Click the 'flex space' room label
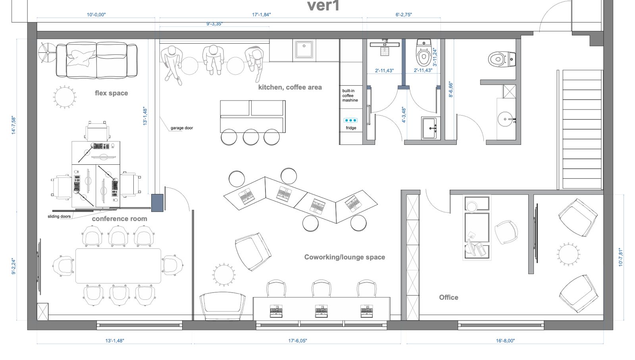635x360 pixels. [x=111, y=93]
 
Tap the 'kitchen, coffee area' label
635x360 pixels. [x=290, y=87]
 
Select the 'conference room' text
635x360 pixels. [x=119, y=219]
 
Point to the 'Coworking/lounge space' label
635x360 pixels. [x=344, y=257]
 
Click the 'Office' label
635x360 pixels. [x=448, y=297]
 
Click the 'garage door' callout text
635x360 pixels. [x=182, y=128]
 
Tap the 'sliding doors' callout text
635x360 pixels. [x=59, y=216]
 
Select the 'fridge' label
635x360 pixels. [x=351, y=128]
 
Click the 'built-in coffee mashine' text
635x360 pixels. [x=350, y=96]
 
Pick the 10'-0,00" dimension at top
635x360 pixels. [x=96, y=15]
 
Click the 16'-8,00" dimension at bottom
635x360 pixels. [x=505, y=341]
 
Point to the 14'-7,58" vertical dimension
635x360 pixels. [x=14, y=125]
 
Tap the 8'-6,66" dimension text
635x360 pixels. [x=451, y=90]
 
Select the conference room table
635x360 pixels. [x=118, y=266]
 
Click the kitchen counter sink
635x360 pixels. [x=304, y=50]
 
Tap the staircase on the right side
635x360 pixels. [x=582, y=129]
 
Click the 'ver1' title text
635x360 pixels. [x=323, y=6]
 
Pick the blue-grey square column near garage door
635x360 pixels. [x=157, y=202]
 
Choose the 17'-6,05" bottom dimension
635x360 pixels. [x=297, y=341]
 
